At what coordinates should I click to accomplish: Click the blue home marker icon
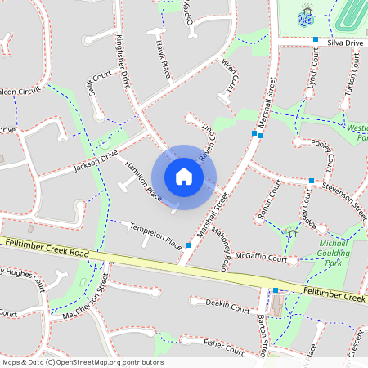(x=184, y=177)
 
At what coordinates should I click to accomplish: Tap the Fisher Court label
(x=223, y=347)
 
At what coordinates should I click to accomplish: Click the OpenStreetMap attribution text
(x=83, y=361)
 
